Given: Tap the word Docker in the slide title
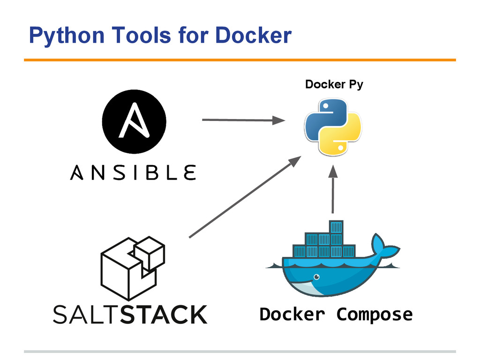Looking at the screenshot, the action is coord(253,35).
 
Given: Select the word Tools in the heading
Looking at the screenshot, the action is coord(141,35).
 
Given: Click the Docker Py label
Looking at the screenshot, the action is coord(334,84).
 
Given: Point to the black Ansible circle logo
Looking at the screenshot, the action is coord(134,121).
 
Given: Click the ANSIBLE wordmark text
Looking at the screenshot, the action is coord(133,172).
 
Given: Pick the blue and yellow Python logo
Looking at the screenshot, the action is coord(333,127).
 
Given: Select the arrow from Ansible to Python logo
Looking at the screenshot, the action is coord(244,120).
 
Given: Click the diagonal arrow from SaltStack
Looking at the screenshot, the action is coord(245,196).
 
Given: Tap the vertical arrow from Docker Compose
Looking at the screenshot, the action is coord(333,189).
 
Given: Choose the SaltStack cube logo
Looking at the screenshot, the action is coord(133,268).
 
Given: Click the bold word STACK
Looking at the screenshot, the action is coord(164,315).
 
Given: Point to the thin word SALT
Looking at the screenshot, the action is coord(87,315).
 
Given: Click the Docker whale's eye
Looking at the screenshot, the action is coord(316,277).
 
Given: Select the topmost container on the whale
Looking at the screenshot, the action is coord(336,227).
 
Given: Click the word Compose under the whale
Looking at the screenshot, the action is coord(375,315).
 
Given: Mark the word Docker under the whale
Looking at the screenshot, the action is coord(292,314).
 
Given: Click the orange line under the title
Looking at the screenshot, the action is coord(240,60).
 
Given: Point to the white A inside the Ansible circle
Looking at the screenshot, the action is coord(134,120).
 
